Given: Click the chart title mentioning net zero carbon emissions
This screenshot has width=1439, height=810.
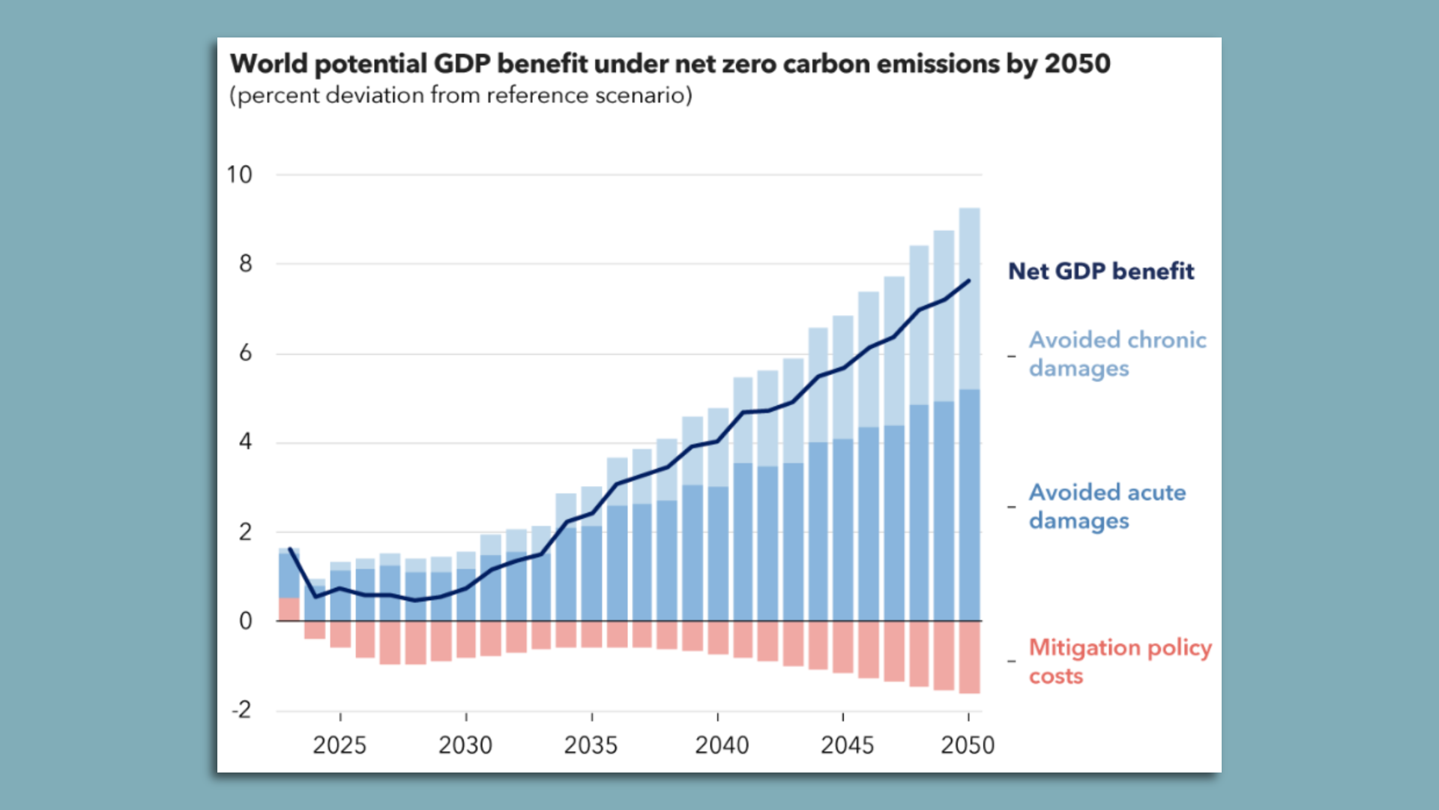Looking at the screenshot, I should pos(669,64).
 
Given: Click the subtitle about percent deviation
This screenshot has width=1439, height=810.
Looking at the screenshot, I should pos(460,96).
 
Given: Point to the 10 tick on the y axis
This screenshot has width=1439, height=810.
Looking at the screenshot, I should pos(240,175).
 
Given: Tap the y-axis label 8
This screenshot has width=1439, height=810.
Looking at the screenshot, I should pos(245,264).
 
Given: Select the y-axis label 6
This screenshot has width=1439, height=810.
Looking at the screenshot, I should pos(245,353).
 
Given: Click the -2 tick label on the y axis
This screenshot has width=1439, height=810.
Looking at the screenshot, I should pos(241,709).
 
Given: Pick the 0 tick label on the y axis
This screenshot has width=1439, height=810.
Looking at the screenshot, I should pos(245,621).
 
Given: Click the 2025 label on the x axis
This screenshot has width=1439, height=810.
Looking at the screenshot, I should pos(340,745).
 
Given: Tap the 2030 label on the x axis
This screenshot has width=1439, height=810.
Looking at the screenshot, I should pos(465,745).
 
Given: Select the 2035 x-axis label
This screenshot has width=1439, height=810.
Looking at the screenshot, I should pos(591,745).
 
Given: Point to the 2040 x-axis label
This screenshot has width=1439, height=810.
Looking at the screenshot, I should pos(722,745).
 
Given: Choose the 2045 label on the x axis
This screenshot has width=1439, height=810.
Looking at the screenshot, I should pos(847,745).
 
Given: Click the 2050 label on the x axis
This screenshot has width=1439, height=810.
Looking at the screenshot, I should pos(968,745).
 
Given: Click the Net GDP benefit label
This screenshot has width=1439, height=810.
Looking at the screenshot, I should pos(1101,271).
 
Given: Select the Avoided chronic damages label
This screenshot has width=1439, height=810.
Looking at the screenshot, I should pos(1117,354).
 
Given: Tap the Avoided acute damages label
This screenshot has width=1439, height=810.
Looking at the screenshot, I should pos(1107,506).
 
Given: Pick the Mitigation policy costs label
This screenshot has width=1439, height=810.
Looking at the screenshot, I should pos(1120,661).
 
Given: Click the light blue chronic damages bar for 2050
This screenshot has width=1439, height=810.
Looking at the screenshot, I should pos(969,300).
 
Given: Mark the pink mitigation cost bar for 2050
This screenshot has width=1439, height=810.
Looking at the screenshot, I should pos(969,657).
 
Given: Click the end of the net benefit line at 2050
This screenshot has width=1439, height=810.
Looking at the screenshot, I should pos(969,281).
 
